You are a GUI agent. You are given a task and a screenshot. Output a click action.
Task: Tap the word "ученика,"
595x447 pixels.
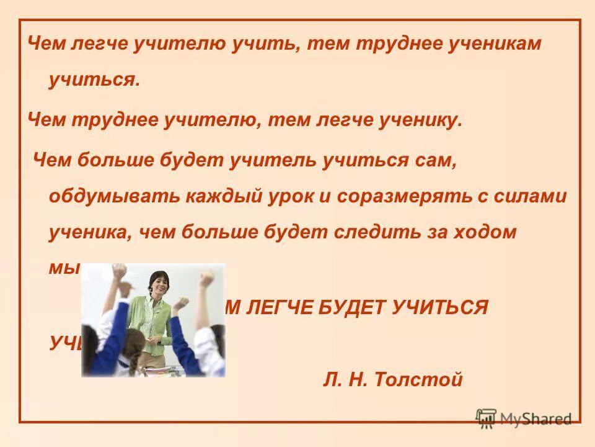coord(90,232)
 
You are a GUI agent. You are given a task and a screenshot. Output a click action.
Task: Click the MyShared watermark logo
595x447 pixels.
coord(524,418)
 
